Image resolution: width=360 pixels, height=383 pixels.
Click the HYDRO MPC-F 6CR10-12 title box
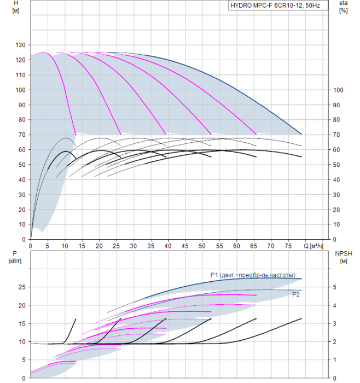click(278, 5)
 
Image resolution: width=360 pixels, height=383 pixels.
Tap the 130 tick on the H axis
click(20, 45)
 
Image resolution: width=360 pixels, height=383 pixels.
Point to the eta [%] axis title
click(343, 7)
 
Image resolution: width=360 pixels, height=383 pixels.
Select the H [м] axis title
click(16, 7)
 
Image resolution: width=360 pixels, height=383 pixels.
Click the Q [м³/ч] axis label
click(313, 246)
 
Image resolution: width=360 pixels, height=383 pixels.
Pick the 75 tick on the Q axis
click(288, 246)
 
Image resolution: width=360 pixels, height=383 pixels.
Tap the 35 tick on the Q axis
click(150, 246)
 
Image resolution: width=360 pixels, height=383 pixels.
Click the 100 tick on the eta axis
click(338, 90)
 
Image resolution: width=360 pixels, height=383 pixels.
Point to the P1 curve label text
click(253, 275)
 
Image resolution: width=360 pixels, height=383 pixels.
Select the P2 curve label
click(296, 295)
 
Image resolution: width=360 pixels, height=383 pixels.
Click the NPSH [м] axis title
click(344, 257)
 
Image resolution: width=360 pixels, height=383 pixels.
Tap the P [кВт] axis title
click(15, 257)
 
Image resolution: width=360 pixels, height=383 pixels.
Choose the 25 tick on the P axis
click(22, 287)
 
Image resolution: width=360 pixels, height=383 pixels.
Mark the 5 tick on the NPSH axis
click(335, 287)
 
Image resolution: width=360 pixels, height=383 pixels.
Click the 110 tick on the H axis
click(20, 75)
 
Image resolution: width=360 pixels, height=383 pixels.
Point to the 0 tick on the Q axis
click(31, 246)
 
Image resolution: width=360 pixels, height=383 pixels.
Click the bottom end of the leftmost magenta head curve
click(76, 135)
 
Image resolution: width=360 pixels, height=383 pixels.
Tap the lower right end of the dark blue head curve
click(301, 134)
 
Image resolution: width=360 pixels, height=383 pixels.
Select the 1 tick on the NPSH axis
click(335, 360)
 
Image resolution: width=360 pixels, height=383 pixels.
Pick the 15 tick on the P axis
click(22, 323)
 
